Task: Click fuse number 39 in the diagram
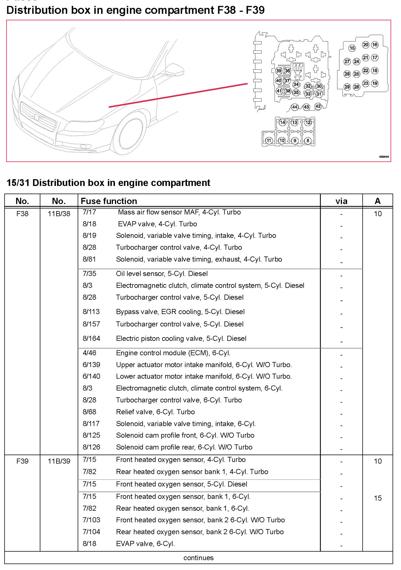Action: (x=278, y=71)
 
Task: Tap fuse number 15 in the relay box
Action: (x=352, y=48)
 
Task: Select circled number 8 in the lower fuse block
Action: (x=308, y=140)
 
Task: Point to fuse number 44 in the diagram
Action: (x=294, y=107)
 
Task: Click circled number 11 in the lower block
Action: (x=268, y=140)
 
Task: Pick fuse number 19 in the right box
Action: (x=374, y=83)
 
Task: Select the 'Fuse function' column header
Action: (x=109, y=201)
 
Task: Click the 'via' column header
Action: (x=341, y=201)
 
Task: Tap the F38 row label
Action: (x=22, y=214)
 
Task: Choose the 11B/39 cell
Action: (x=59, y=461)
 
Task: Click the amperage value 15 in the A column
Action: (x=377, y=498)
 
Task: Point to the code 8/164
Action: (x=91, y=339)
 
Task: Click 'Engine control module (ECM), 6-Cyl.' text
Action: (x=173, y=353)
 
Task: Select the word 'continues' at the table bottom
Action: (x=198, y=558)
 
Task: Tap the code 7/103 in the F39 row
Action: (x=91, y=520)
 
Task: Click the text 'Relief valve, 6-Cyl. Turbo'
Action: (x=155, y=412)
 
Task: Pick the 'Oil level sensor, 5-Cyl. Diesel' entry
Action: (x=162, y=274)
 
